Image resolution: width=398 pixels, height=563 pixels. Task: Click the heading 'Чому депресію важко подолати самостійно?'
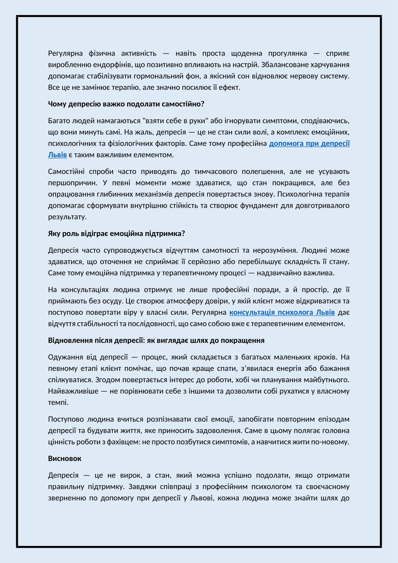point(126,104)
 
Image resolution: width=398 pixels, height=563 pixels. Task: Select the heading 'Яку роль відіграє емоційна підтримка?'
point(116,234)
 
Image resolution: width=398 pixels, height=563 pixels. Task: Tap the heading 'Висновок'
point(65,458)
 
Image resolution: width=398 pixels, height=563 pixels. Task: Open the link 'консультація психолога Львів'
point(282,312)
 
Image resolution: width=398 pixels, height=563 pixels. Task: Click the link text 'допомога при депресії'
point(309,143)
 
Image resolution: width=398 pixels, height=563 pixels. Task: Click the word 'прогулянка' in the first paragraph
point(286,53)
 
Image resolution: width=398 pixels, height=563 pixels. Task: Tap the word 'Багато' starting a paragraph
point(59,121)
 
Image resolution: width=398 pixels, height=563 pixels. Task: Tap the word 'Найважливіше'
point(73,391)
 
